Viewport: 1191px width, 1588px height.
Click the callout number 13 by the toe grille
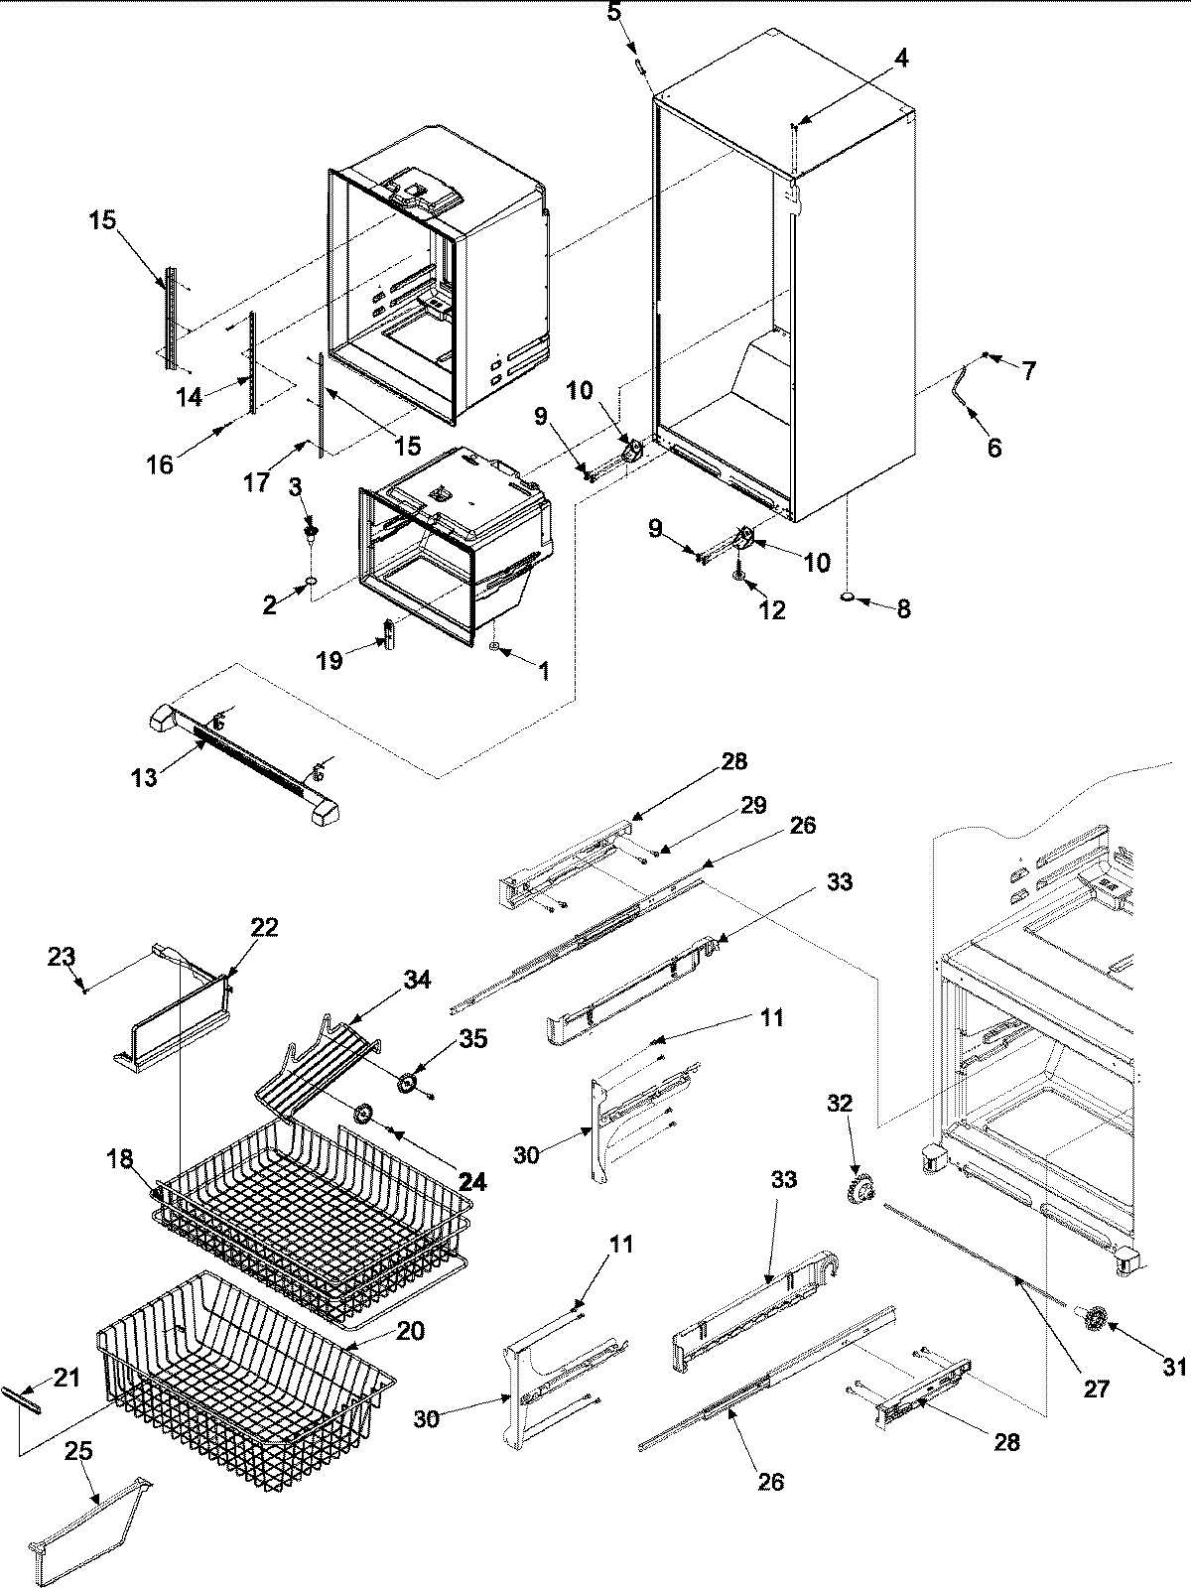tap(145, 776)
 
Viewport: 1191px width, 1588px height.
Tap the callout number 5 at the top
tap(613, 13)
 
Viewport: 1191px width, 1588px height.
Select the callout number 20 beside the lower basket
tap(411, 1331)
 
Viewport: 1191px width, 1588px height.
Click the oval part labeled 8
tap(850, 597)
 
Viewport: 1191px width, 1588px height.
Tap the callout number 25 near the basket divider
tap(78, 1450)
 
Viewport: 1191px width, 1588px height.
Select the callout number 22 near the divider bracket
tap(264, 927)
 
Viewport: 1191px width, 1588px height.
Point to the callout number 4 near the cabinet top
tap(900, 59)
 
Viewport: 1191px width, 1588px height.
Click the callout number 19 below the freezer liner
tap(331, 660)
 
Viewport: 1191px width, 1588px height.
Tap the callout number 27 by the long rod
tap(1096, 1389)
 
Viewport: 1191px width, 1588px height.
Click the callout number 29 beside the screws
tap(753, 805)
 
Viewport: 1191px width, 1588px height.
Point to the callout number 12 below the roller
tap(771, 609)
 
